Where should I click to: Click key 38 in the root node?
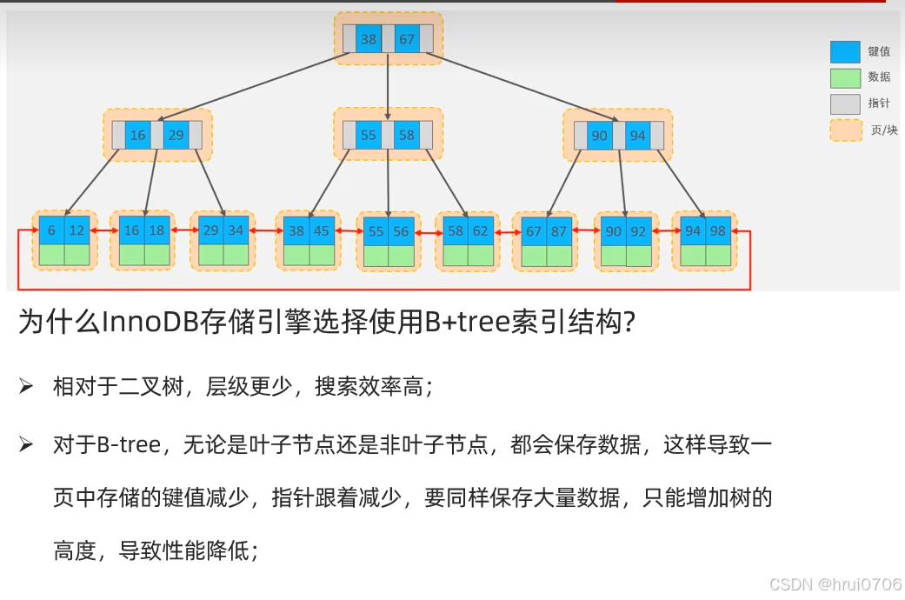pos(369,39)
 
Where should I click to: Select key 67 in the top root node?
pos(407,39)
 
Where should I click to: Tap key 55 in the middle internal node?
pos(369,136)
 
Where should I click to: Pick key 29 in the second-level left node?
pos(176,136)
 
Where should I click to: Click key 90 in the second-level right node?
pos(599,136)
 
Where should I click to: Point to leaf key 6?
pos(52,230)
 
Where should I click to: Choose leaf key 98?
pos(717,230)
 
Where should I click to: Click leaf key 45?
pos(322,230)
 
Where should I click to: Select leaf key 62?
pos(481,230)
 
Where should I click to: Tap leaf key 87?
pos(558,230)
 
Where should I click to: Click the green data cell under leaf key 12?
pos(77,255)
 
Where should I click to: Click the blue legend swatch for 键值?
pos(845,52)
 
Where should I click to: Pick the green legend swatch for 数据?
pos(845,78)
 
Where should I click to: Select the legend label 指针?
pos(879,103)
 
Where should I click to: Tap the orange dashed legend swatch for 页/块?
pos(845,130)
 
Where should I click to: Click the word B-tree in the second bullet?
pos(129,446)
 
